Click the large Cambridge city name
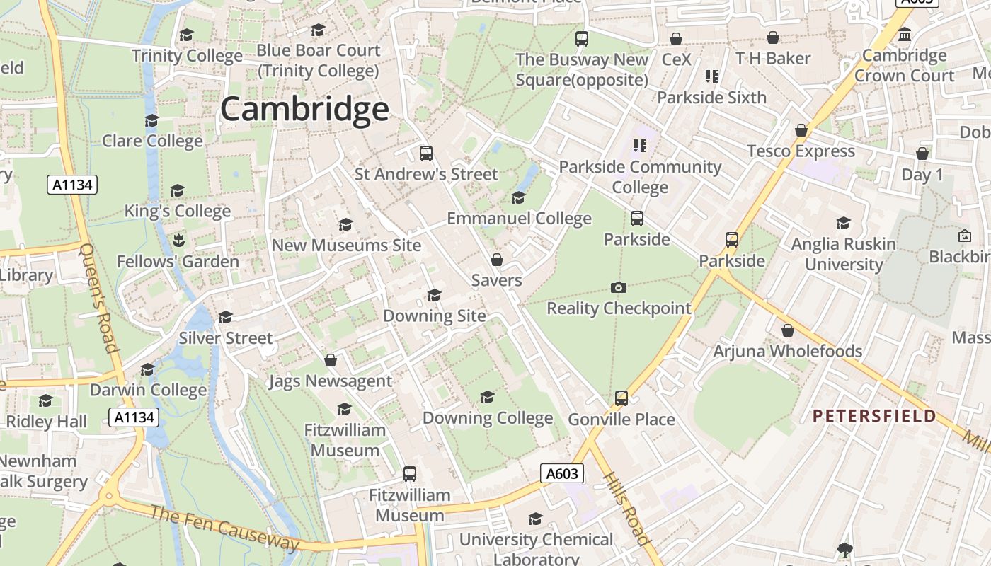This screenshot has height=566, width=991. [x=304, y=110]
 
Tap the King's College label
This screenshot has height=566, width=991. [x=178, y=211]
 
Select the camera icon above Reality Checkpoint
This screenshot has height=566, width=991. [x=618, y=287]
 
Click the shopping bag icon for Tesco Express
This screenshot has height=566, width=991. [x=801, y=131]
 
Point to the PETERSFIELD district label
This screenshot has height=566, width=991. [x=873, y=416]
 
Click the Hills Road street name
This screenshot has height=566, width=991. [x=626, y=507]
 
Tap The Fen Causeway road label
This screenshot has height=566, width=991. [x=224, y=529]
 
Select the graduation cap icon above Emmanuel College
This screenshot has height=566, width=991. [x=518, y=197]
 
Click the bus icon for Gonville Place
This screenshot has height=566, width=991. [x=621, y=398]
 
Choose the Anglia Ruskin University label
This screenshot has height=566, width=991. [x=843, y=254]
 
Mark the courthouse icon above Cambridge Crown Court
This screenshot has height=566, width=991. [x=904, y=34]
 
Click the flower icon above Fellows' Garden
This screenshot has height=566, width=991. [x=178, y=241]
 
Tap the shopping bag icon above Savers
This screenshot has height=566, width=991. [x=497, y=260]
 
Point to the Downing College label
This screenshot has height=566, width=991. [x=488, y=418]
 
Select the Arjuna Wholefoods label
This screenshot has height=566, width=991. [x=787, y=351]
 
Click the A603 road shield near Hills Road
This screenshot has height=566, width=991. [x=562, y=473]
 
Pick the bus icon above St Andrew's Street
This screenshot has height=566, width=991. [x=425, y=154]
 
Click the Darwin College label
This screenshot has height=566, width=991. [x=148, y=390]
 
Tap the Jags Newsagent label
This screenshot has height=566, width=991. [x=330, y=381]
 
